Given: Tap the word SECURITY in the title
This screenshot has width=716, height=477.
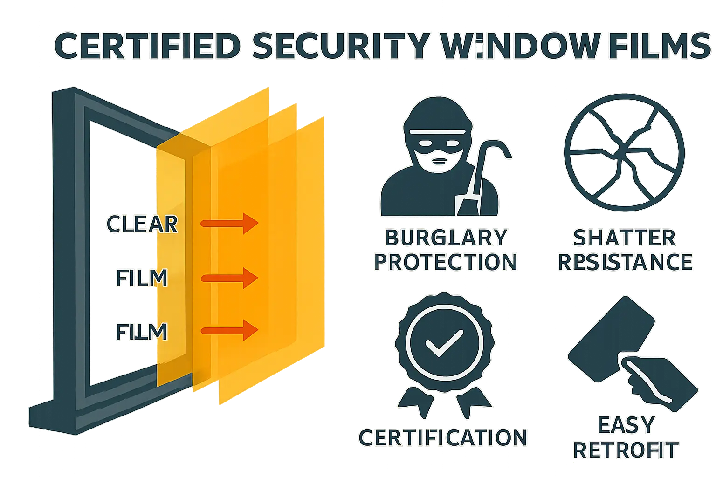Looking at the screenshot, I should click(340, 46).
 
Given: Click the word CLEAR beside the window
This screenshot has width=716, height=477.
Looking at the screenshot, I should click(142, 224).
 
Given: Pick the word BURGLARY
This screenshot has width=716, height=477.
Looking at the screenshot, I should click(446, 238).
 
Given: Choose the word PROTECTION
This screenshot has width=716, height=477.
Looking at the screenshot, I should click(446, 262).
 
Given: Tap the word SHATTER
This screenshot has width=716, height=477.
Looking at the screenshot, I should click(624, 238).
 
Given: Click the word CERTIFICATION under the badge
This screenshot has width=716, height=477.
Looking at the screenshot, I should click(443, 438).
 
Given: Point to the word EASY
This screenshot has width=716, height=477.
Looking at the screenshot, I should click(626, 425).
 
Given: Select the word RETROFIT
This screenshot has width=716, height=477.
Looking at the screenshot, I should click(626, 450).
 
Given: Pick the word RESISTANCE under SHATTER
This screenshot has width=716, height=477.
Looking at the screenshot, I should click(625, 262).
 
